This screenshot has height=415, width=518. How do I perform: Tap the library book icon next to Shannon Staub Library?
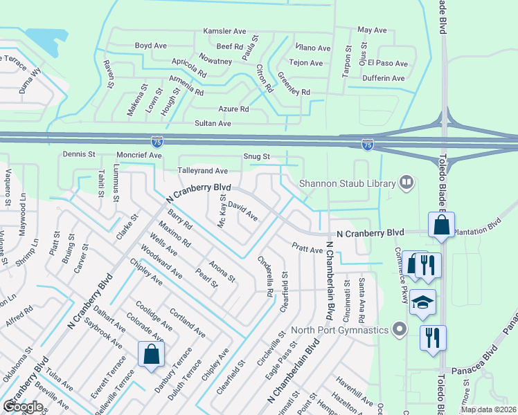click(407, 183)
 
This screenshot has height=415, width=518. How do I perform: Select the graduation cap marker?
click(422, 302)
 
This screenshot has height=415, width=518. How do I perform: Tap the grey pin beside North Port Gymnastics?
click(398, 329)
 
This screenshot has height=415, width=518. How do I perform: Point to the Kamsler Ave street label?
click(224, 31)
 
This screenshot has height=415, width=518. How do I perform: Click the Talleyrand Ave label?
click(203, 170)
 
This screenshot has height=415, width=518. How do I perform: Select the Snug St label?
click(256, 157)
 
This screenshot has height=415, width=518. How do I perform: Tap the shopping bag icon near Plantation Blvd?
click(440, 225)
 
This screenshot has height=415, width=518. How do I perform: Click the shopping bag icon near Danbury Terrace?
click(151, 355)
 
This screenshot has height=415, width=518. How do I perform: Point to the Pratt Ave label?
click(307, 248)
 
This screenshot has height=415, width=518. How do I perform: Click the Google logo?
click(23, 407)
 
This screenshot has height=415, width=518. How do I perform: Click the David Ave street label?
click(242, 212)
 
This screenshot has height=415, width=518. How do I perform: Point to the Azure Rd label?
click(233, 109)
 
